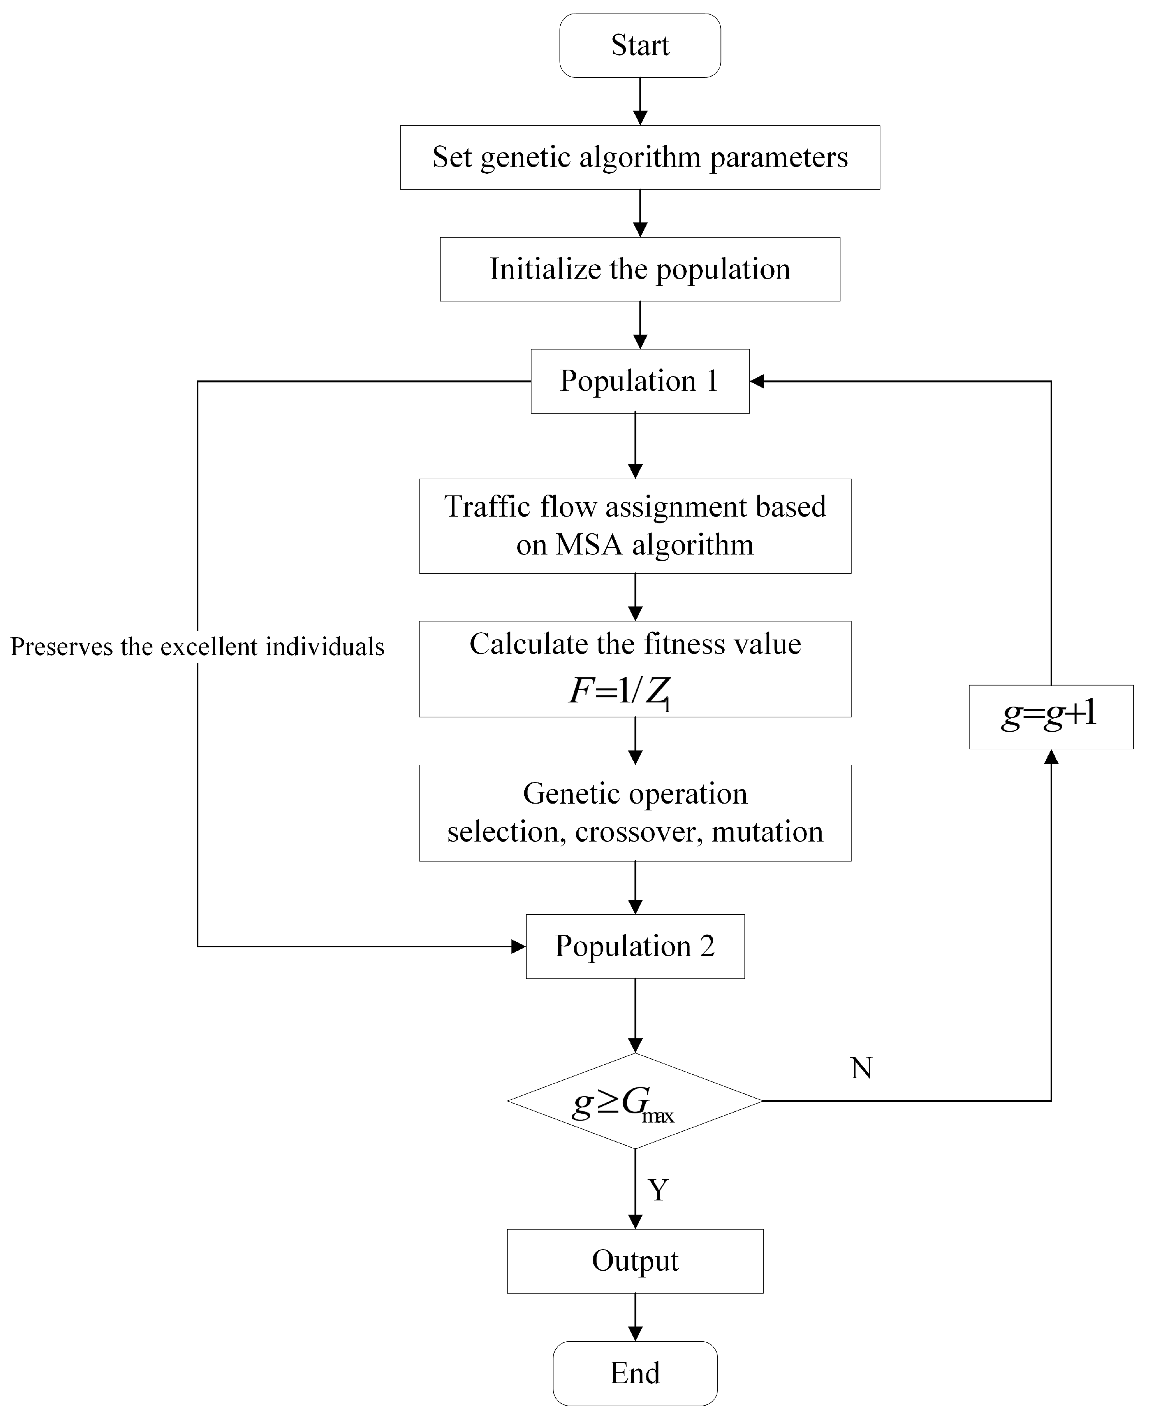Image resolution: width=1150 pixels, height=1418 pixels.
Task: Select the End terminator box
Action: coord(634,1373)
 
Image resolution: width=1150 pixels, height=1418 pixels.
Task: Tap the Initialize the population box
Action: coord(640,269)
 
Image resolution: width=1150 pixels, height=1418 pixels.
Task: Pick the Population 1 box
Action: coord(640,381)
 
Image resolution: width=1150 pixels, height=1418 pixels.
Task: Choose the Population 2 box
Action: coord(634,946)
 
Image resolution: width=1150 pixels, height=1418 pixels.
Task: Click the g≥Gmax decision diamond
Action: coord(634,1101)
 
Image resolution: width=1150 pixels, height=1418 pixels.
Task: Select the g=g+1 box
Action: coord(1051,717)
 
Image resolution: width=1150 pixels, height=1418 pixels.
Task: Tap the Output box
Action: coord(634,1261)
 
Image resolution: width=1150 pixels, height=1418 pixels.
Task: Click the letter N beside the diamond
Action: coord(861,1068)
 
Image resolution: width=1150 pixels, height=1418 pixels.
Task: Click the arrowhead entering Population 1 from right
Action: coord(757,381)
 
